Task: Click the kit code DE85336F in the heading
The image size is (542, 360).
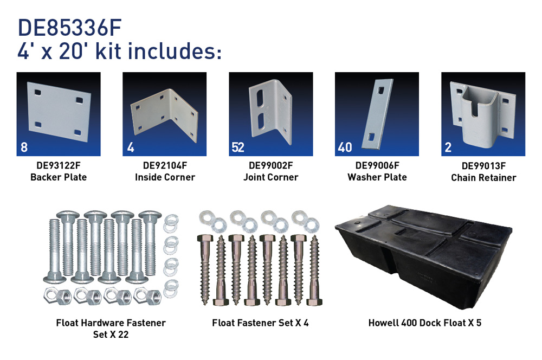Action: [x=69, y=28]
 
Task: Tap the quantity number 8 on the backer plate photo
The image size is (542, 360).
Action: [x=24, y=147]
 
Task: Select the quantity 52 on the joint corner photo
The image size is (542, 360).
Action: [x=238, y=147]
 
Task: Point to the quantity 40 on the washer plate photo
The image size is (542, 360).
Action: [x=345, y=147]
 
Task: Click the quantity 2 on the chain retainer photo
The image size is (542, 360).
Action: [x=448, y=147]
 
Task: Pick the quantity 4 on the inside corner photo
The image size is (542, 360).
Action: [x=131, y=147]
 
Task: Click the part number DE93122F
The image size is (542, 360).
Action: [x=59, y=166]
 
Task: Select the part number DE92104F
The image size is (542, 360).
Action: [x=165, y=166]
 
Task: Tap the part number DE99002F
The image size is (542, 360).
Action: [x=270, y=166]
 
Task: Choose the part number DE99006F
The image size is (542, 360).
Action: [x=377, y=166]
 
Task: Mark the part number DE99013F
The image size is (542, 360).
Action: [x=483, y=166]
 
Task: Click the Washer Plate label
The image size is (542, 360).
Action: [x=377, y=177]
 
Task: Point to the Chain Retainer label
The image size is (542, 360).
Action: [x=483, y=178]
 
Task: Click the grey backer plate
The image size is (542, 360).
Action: [x=59, y=112]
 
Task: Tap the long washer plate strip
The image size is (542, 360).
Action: [x=377, y=114]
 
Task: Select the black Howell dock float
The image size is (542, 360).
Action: [x=423, y=256]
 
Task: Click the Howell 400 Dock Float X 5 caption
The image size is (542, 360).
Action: [x=425, y=323]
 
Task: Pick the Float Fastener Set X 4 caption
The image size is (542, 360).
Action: [x=260, y=323]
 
